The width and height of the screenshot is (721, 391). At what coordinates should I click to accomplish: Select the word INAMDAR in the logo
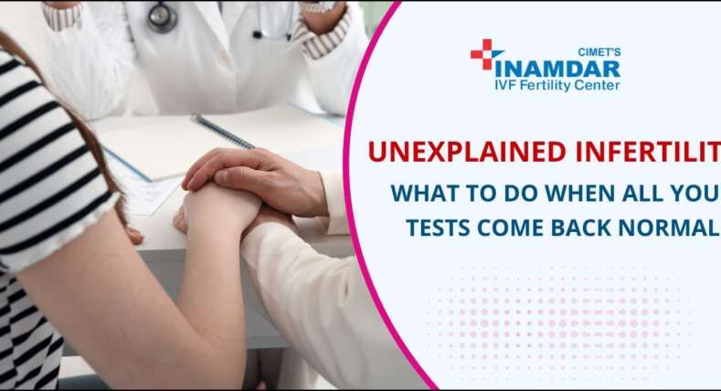(557, 69)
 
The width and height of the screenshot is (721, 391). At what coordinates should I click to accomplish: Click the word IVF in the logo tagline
(510, 86)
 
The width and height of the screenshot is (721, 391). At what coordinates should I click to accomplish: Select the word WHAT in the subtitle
(418, 195)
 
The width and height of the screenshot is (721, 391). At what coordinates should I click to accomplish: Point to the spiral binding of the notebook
(222, 132)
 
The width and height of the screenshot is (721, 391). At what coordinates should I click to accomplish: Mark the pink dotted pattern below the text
(557, 315)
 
